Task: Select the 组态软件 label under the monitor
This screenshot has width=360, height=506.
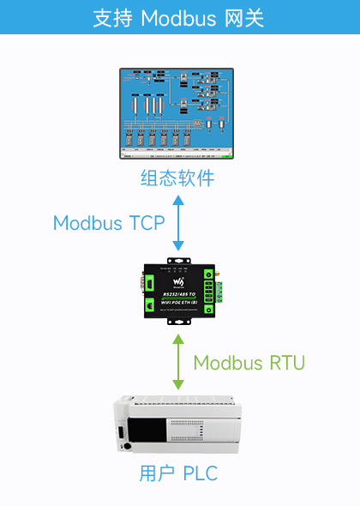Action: pyautogui.click(x=177, y=179)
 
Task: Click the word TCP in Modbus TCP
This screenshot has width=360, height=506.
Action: pyautogui.click(x=147, y=223)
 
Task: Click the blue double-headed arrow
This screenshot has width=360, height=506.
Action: pyautogui.click(x=178, y=223)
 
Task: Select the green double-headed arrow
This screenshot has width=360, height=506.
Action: pyautogui.click(x=178, y=363)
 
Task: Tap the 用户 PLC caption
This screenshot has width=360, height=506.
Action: pyautogui.click(x=178, y=473)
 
